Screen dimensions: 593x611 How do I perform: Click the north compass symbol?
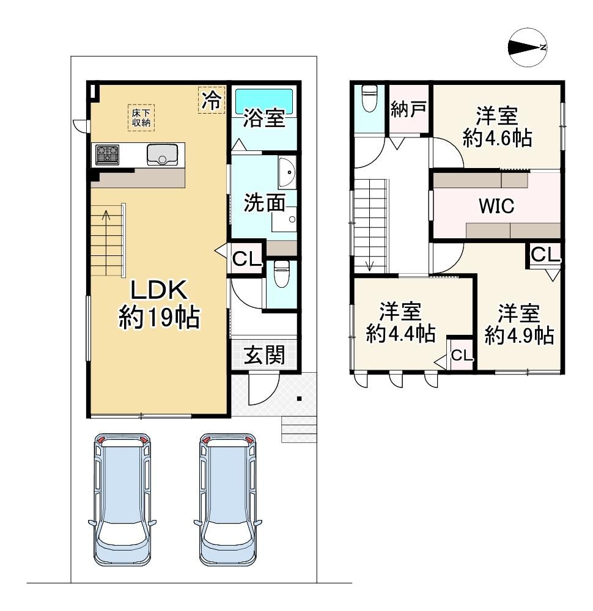[x=528, y=47]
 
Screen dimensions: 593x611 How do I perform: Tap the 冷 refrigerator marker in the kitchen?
[x=212, y=100]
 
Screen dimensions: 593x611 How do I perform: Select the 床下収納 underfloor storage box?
[x=141, y=117]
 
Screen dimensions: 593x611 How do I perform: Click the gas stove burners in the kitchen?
[x=107, y=153]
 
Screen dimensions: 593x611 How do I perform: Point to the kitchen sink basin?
[x=162, y=154]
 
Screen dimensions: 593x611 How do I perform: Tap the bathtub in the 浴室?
[x=264, y=101]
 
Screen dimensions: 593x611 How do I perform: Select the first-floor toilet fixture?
[x=281, y=274]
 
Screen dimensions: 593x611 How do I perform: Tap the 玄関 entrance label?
[x=264, y=354]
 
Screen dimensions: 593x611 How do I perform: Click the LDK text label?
[x=159, y=290]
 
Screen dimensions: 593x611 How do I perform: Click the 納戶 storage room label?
[x=408, y=109]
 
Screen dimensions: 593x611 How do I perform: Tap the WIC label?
[x=496, y=206]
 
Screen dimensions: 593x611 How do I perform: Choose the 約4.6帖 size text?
[x=497, y=137]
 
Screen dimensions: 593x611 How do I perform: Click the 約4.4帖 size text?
[x=401, y=334]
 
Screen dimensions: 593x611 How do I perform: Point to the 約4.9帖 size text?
[x=519, y=335]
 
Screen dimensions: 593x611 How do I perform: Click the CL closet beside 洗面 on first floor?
[x=246, y=258]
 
